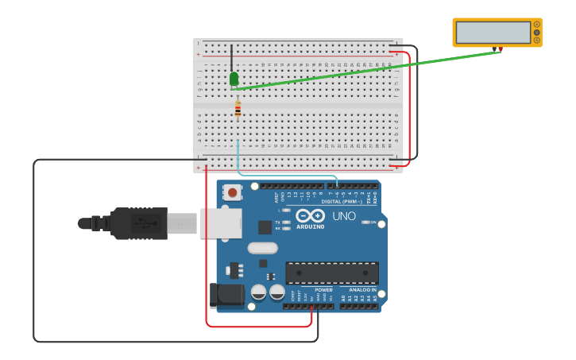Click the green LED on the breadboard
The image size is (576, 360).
click(x=234, y=79)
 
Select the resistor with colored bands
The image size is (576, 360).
click(x=238, y=110)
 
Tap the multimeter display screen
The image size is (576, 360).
click(x=493, y=33)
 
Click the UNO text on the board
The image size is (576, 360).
click(x=344, y=216)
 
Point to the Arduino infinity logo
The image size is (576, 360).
click(x=310, y=215)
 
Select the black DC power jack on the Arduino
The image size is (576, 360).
click(x=226, y=296)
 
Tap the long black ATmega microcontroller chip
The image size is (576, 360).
click(x=332, y=273)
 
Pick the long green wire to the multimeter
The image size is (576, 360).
click(x=365, y=70)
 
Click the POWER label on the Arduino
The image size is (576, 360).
click(x=324, y=290)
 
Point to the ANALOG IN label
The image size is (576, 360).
click(x=363, y=290)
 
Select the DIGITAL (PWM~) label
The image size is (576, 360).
click(x=342, y=202)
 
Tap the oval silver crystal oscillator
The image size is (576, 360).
click(x=262, y=248)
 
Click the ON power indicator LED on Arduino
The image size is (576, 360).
click(x=366, y=223)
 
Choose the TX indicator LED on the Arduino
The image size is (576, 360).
click(x=286, y=222)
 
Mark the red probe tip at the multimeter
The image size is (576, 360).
click(x=500, y=49)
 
